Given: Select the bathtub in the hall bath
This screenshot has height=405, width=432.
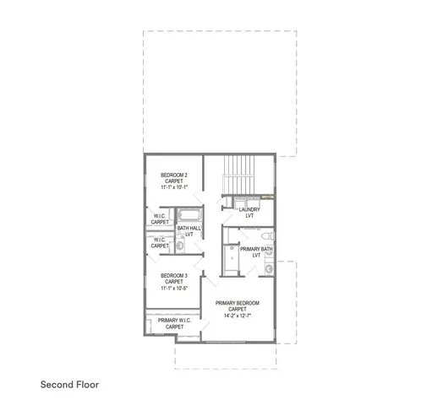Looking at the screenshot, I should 188,213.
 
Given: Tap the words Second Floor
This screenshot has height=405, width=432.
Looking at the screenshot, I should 69,383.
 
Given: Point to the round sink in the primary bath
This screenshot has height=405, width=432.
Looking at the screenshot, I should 269,268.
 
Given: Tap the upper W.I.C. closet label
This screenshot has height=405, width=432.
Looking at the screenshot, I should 160,219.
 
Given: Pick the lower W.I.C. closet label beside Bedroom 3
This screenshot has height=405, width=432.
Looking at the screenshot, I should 160,242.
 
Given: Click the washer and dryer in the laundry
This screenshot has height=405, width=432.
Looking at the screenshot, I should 247,201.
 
